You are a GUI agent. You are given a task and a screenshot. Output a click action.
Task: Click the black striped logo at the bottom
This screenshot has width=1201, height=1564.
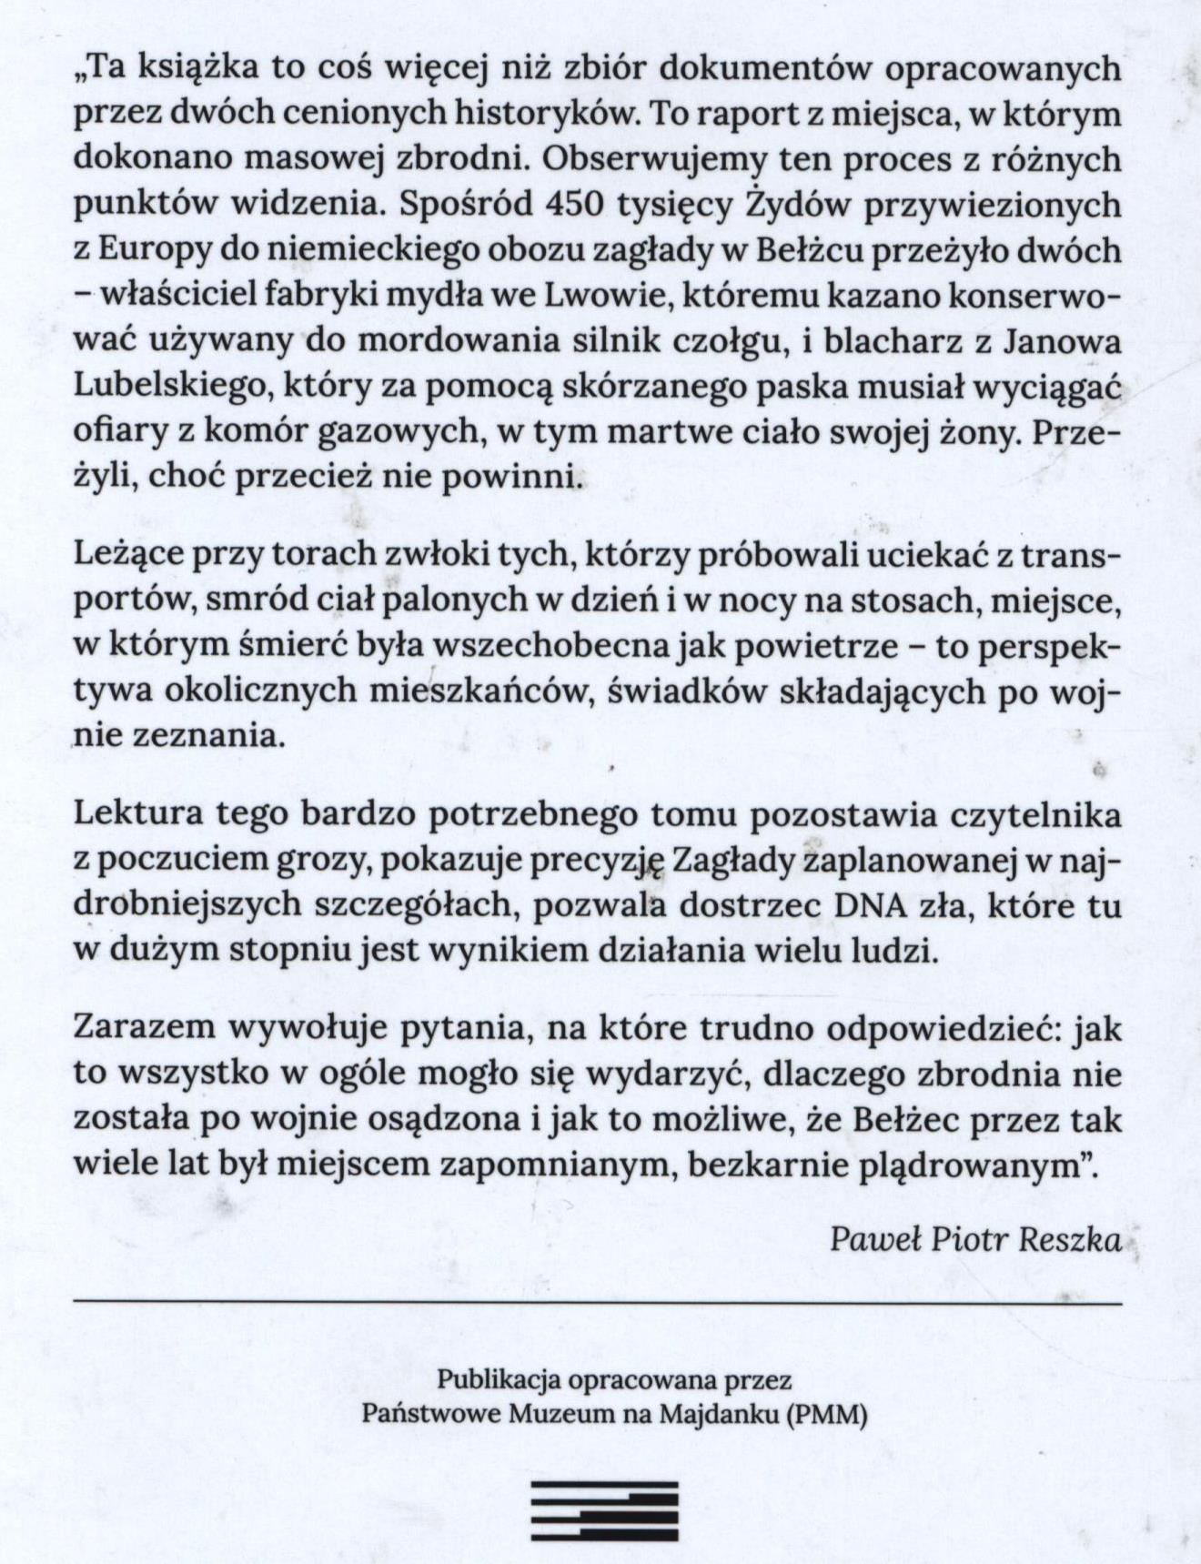click(x=605, y=1510)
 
